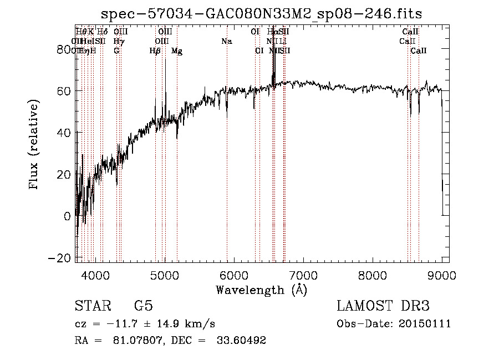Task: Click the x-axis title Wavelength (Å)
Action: click(x=261, y=290)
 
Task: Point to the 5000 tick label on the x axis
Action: click(x=165, y=275)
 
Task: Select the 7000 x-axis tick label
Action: click(x=303, y=275)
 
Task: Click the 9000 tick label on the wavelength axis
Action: click(x=442, y=275)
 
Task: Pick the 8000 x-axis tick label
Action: click(x=373, y=275)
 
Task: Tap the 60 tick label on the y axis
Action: click(x=65, y=90)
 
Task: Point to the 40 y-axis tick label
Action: click(x=65, y=133)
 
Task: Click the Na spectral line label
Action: click(x=226, y=42)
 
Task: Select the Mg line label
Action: click(x=177, y=51)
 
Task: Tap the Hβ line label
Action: click(x=155, y=51)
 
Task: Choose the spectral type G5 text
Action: click(x=143, y=306)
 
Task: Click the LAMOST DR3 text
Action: click(x=383, y=306)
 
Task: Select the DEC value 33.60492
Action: click(x=242, y=341)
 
